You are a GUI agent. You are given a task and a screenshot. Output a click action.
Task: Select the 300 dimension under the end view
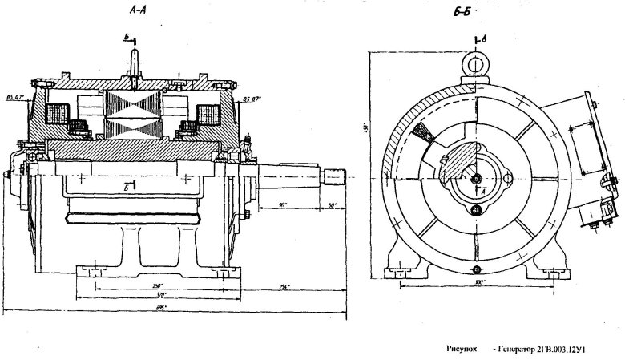coord(478,283)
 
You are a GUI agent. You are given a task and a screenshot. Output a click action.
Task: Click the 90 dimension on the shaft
coord(284,205)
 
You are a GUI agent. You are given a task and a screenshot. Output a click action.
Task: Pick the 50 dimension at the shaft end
coord(333,206)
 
